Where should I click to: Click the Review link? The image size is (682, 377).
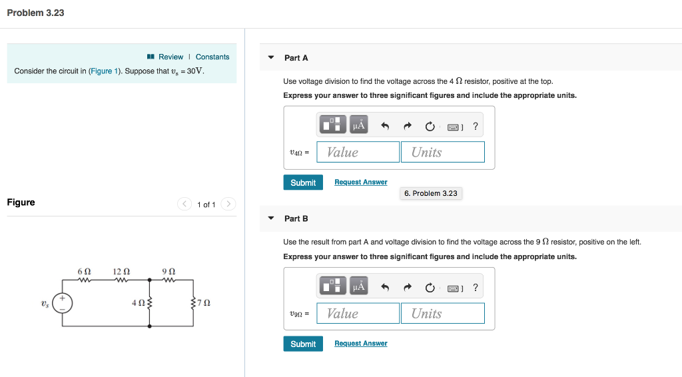[x=170, y=57]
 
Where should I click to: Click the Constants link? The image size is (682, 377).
[x=212, y=57]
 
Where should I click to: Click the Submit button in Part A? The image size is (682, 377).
[x=303, y=183]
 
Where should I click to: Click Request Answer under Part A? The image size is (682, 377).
[x=360, y=182]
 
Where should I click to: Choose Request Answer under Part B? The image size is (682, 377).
[x=360, y=344]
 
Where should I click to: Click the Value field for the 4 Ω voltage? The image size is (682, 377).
[x=358, y=152]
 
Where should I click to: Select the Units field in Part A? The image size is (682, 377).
[x=442, y=152]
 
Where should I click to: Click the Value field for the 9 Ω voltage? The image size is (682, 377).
[x=358, y=313]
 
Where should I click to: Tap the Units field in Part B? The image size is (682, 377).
[x=442, y=313]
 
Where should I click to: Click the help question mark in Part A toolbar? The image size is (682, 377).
[x=475, y=126]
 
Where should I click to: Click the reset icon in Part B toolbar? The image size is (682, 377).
[x=430, y=288]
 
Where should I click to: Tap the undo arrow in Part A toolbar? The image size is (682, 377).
[x=385, y=126]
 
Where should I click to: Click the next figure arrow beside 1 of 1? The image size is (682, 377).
[x=228, y=204]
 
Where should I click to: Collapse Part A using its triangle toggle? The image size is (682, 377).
[x=271, y=57]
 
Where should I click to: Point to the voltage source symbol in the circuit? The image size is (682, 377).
[x=63, y=303]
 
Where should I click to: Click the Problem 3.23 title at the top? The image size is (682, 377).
[x=35, y=13]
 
